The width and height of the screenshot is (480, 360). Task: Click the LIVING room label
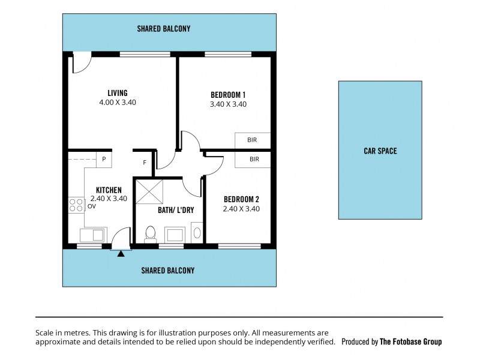point(117,93)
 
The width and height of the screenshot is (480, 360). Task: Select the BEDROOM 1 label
point(228,95)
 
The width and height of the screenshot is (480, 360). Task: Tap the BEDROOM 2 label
point(241,199)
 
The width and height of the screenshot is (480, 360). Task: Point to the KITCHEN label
point(109,190)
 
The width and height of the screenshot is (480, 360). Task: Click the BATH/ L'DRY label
point(171,210)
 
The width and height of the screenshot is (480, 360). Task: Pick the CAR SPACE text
point(380,151)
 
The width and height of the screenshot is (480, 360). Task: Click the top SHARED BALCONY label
point(164,28)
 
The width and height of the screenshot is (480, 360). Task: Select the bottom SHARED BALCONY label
point(167,271)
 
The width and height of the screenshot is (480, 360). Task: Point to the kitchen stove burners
point(76,205)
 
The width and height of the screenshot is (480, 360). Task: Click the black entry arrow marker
point(121,254)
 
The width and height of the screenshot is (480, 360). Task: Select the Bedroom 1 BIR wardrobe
point(253,140)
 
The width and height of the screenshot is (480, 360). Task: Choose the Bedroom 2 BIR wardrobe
point(253,159)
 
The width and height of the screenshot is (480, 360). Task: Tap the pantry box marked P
point(103,159)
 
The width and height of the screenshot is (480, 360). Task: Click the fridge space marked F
point(144,163)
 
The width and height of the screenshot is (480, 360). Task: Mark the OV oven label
point(91,206)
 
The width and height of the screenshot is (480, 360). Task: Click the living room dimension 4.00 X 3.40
point(117,103)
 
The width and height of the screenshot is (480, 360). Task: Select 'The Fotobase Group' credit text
point(410,341)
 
